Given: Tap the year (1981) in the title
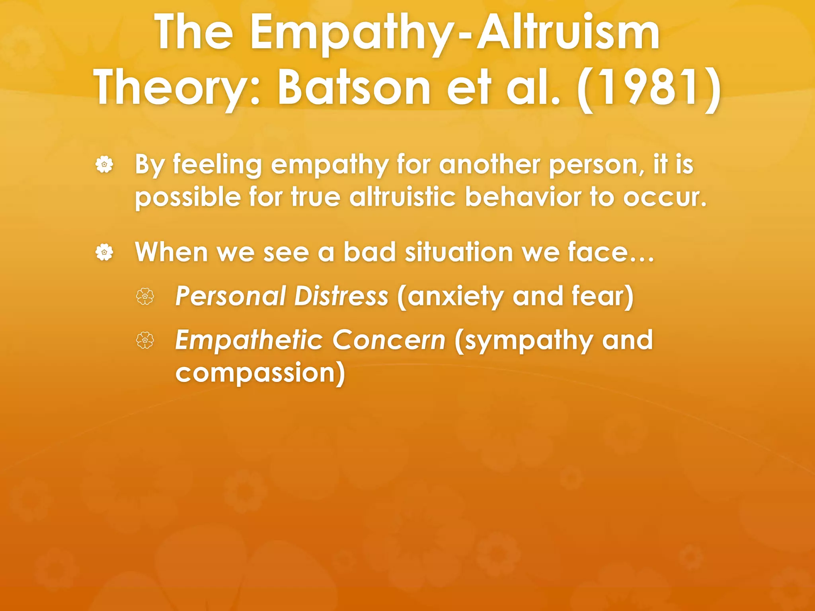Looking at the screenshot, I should (x=648, y=88).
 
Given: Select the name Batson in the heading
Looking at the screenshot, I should (x=354, y=88).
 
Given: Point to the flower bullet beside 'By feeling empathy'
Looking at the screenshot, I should (x=104, y=164).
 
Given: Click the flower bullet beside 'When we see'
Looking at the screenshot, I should (x=104, y=252).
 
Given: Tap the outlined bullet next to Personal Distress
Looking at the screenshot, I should (x=145, y=296).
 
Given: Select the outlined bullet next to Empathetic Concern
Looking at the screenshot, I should (x=145, y=341).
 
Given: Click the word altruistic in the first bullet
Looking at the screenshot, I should (x=402, y=197).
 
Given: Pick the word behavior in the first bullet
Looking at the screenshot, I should (x=523, y=197).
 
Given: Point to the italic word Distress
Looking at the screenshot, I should (x=341, y=296).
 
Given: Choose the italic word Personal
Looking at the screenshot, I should (x=231, y=296).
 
